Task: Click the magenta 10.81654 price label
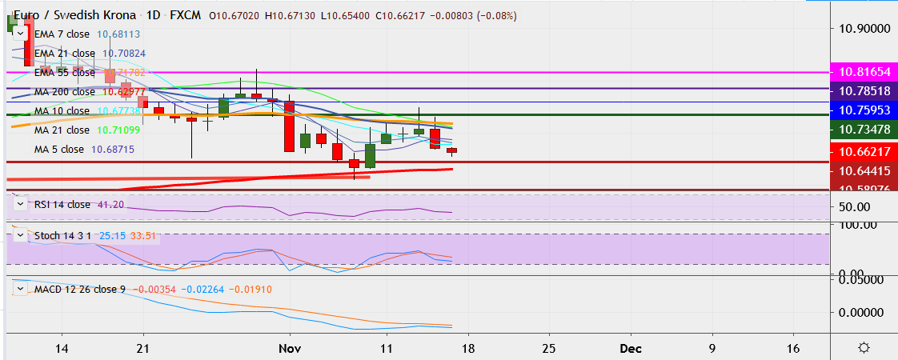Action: [864, 71]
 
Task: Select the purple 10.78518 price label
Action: [864, 90]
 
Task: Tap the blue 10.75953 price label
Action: [864, 109]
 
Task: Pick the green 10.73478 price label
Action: [864, 129]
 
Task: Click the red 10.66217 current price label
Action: [864, 151]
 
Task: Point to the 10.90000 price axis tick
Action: [864, 29]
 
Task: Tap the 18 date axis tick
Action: [468, 348]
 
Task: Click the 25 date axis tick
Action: [550, 348]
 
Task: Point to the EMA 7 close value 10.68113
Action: [118, 34]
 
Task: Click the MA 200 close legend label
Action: [62, 92]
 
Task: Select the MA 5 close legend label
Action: [58, 150]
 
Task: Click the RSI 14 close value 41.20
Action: [110, 205]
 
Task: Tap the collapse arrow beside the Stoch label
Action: [21, 236]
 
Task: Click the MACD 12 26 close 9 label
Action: [79, 289]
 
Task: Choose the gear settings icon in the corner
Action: [864, 347]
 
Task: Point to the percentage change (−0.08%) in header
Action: [496, 15]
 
